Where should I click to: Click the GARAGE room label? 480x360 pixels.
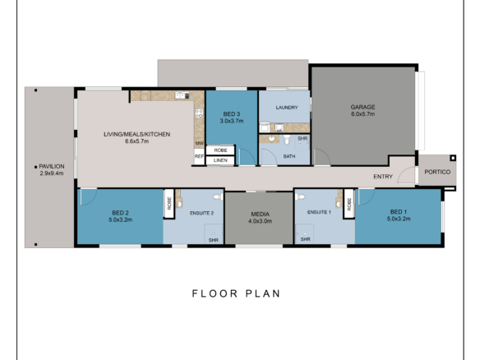point(362,107)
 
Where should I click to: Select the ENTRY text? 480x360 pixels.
point(382,177)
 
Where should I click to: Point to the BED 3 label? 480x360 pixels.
point(230,113)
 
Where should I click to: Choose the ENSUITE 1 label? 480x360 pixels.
point(318,213)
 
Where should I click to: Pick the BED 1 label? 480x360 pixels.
point(399,212)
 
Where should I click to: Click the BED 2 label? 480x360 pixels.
point(120,213)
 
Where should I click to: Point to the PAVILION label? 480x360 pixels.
point(52,166)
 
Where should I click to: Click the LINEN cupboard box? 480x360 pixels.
point(221,160)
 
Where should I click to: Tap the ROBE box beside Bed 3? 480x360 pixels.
point(221,150)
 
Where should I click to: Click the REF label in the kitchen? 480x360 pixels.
point(199,155)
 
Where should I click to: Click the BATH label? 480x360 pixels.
point(289,155)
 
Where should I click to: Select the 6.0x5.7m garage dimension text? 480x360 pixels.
point(362,114)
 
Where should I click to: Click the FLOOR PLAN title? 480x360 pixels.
point(237,293)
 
